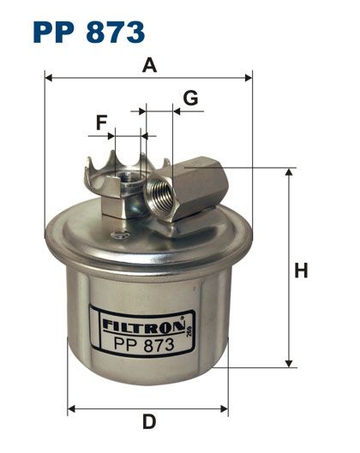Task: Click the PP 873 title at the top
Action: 89,32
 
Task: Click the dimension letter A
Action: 149,65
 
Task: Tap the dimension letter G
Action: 190,98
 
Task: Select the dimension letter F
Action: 101,122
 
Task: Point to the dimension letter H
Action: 301,271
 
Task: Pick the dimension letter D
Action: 149,422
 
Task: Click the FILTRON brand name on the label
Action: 143,325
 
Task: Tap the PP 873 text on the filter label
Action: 144,344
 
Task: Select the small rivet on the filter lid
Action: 119,235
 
